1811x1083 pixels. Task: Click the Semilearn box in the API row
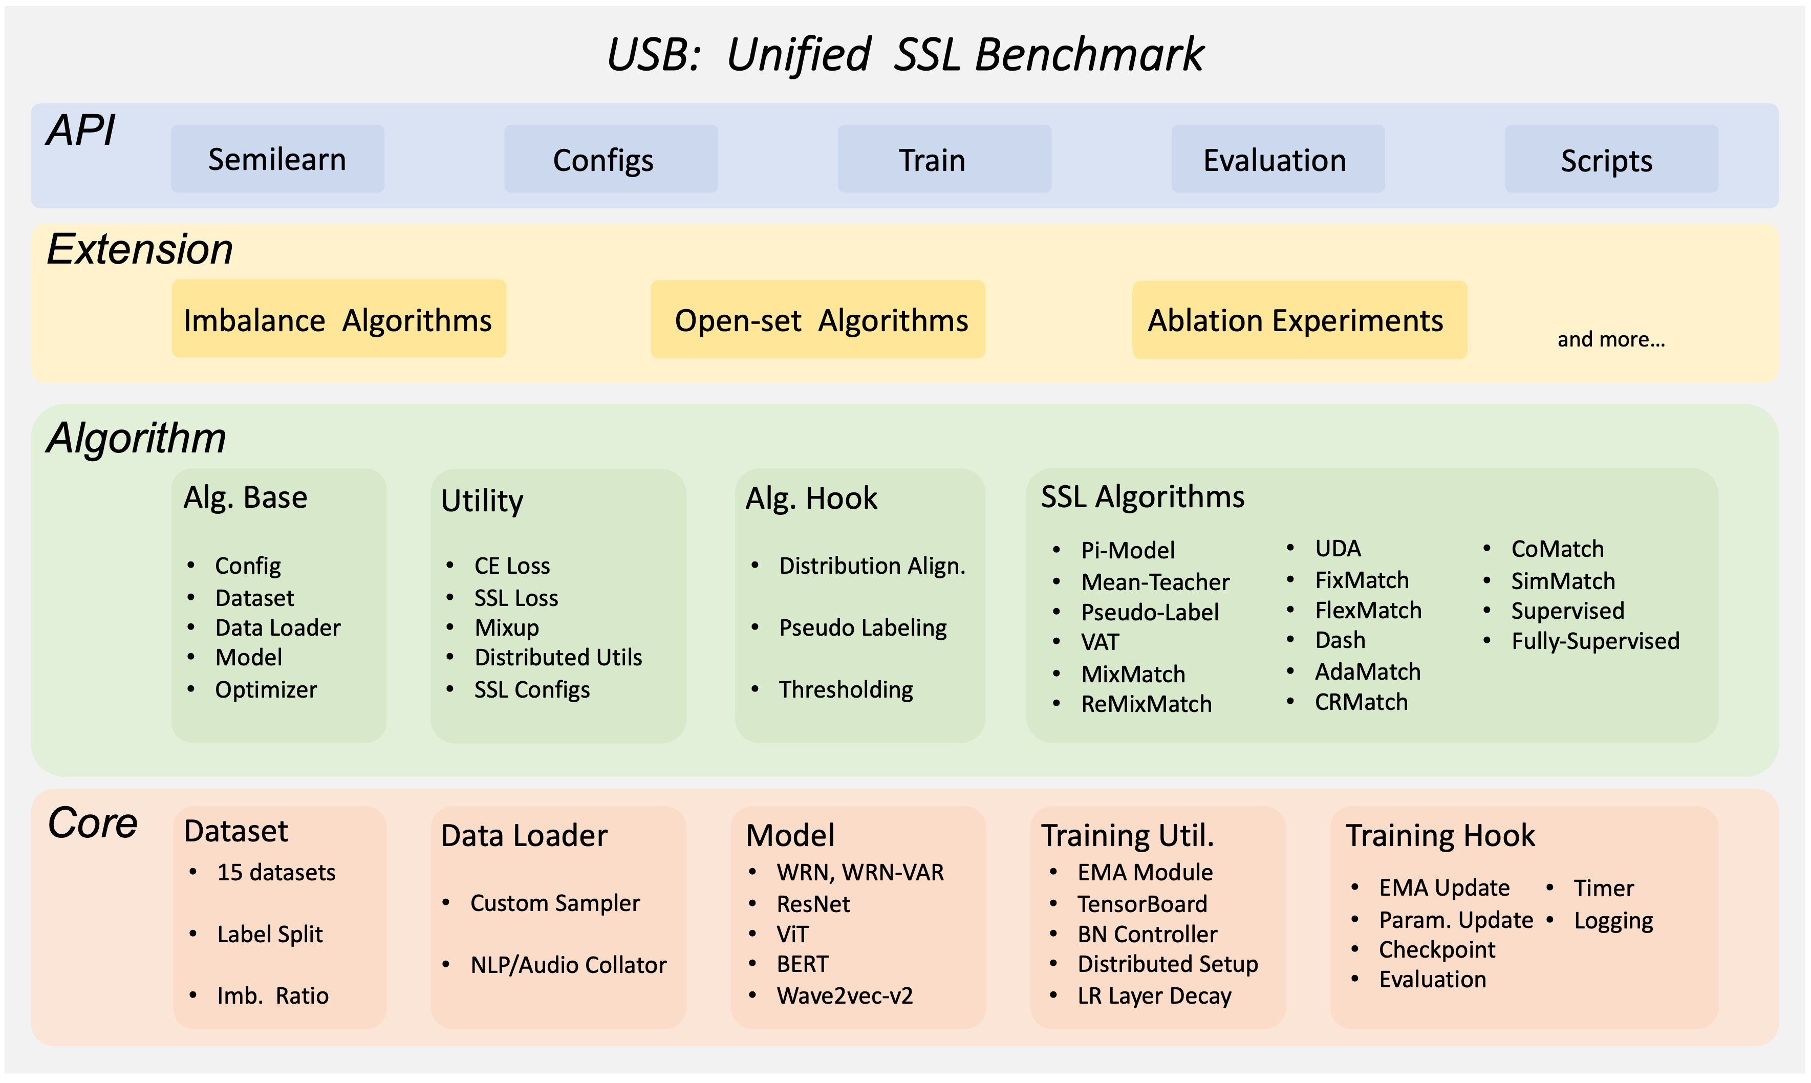pyautogui.click(x=277, y=159)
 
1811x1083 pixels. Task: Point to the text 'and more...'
pyautogui.click(x=1610, y=339)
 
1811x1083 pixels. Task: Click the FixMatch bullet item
pyautogui.click(x=1361, y=580)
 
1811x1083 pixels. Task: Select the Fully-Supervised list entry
pyautogui.click(x=1595, y=641)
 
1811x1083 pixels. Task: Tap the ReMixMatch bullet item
pyautogui.click(x=1146, y=704)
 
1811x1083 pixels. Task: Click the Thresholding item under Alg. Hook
pyautogui.click(x=845, y=689)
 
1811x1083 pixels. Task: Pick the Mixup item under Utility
pyautogui.click(x=506, y=627)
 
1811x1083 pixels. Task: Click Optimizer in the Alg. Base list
pyautogui.click(x=266, y=689)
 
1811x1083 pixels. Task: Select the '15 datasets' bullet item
pyautogui.click(x=276, y=872)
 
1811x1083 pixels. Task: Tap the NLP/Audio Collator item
pyautogui.click(x=568, y=965)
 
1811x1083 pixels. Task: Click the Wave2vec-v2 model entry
pyautogui.click(x=844, y=995)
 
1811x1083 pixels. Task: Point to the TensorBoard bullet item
pyautogui.click(x=1142, y=903)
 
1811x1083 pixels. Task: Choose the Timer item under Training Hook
pyautogui.click(x=1603, y=887)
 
